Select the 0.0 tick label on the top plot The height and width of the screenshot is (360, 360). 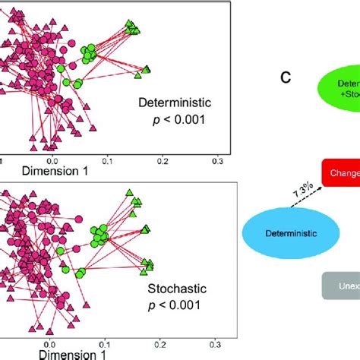[x=52, y=161]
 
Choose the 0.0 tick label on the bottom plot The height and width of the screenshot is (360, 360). [x=52, y=343]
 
